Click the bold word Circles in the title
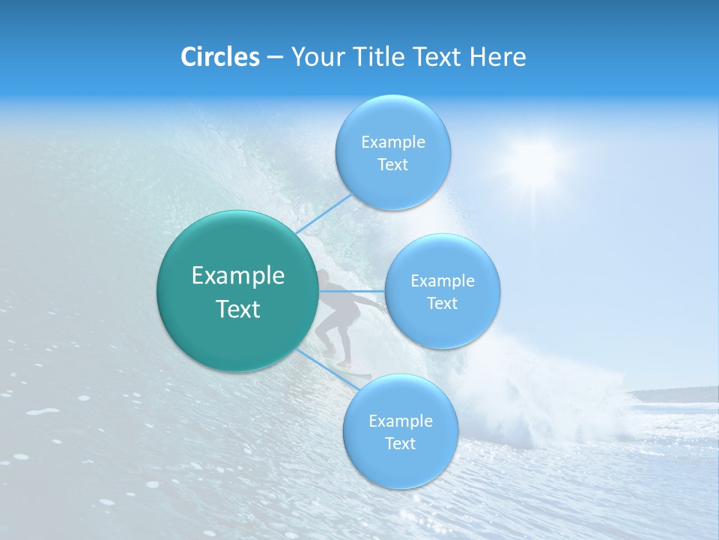point(219,57)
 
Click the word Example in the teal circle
point(238,276)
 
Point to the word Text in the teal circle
point(238,309)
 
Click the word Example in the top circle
point(393,142)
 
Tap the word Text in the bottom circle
point(400,443)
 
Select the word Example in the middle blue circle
point(443,281)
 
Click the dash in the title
point(274,57)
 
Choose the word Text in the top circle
point(392,165)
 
